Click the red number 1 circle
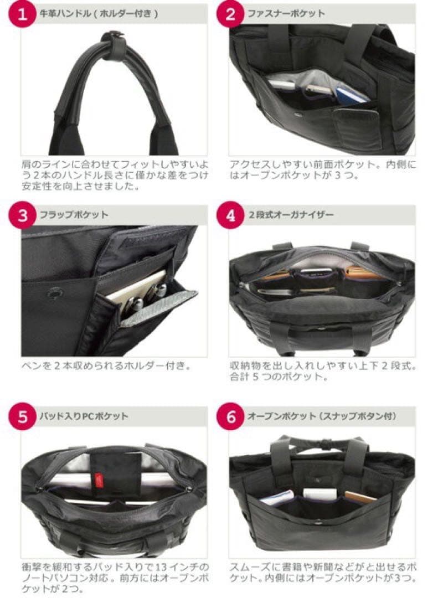point(22,14)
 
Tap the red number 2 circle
point(230,14)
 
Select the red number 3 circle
point(22,215)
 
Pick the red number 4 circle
point(230,215)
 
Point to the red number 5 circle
point(22,416)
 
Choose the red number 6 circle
point(230,416)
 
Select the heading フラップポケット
point(74,215)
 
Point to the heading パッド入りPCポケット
point(84,416)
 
